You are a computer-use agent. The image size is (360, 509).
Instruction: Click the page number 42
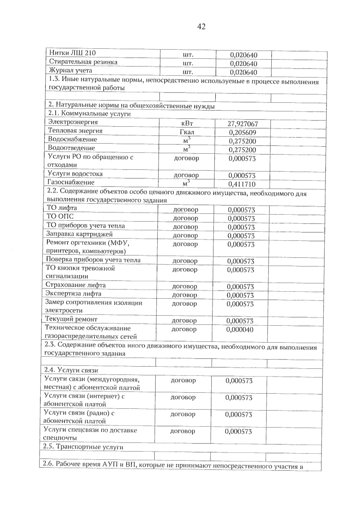[x=201, y=27]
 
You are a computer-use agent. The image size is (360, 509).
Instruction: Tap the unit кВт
[x=187, y=123]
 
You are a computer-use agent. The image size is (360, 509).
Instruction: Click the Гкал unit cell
[x=187, y=132]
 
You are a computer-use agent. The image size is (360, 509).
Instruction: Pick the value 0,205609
[x=242, y=133]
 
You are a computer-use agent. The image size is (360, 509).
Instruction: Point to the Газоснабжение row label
[x=71, y=182]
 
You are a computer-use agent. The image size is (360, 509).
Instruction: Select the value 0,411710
[x=242, y=184]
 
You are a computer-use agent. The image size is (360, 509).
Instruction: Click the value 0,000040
[x=240, y=330]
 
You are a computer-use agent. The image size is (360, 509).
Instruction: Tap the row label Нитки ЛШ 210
[x=72, y=53]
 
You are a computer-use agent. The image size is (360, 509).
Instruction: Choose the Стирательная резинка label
[x=83, y=62]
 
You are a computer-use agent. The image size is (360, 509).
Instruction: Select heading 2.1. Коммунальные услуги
[x=89, y=114]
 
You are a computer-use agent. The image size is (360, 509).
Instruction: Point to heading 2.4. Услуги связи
[x=71, y=370]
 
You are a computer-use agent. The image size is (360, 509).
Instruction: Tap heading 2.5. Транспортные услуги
[x=83, y=447]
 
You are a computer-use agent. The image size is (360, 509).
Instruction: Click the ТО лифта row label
[x=62, y=208]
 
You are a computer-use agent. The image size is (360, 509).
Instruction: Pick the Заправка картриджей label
[x=79, y=234]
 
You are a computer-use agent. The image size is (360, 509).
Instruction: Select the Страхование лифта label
[x=76, y=285]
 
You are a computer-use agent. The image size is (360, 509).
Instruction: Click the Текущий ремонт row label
[x=71, y=319]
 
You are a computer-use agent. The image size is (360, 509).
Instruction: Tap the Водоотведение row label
[x=71, y=148]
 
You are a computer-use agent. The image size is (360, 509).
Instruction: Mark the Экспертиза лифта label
[x=73, y=294]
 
